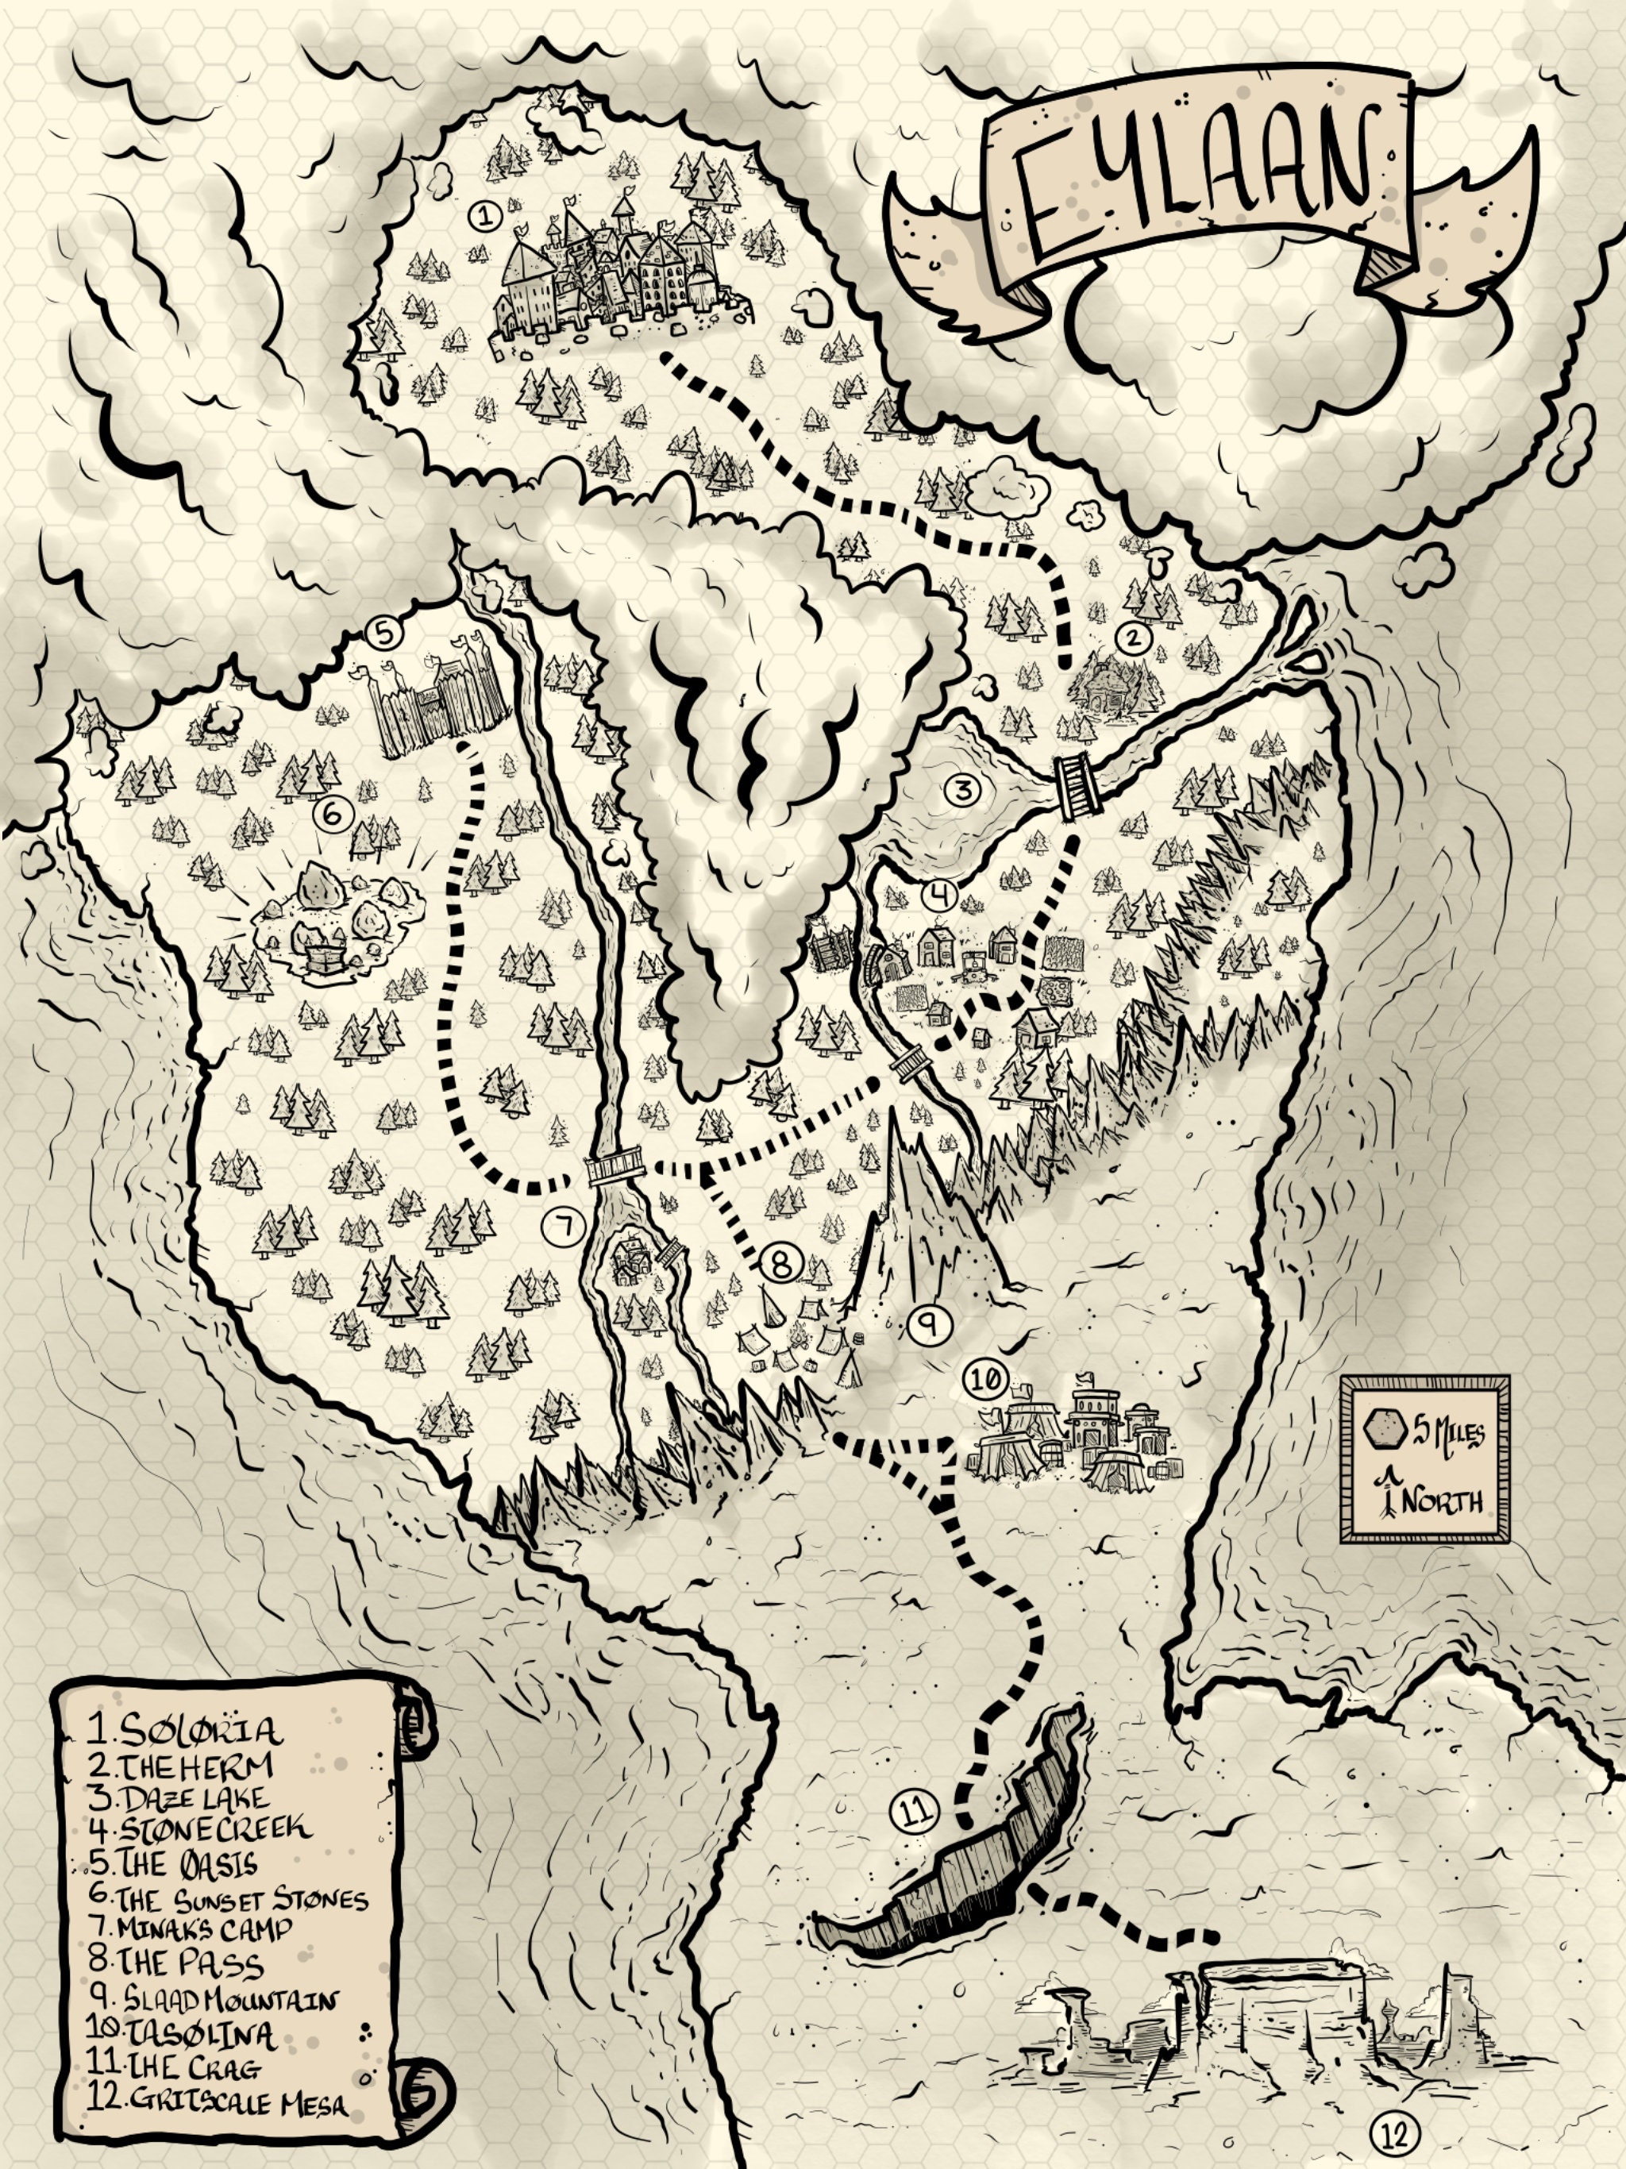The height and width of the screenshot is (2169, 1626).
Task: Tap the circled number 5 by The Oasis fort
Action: (383, 634)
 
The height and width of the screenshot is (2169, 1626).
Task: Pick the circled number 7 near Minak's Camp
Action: (563, 1225)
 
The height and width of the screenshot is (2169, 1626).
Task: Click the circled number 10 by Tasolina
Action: (985, 1379)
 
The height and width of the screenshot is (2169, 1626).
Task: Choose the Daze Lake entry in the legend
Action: (192, 1798)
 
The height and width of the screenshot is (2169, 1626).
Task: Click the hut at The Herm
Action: (1108, 680)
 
